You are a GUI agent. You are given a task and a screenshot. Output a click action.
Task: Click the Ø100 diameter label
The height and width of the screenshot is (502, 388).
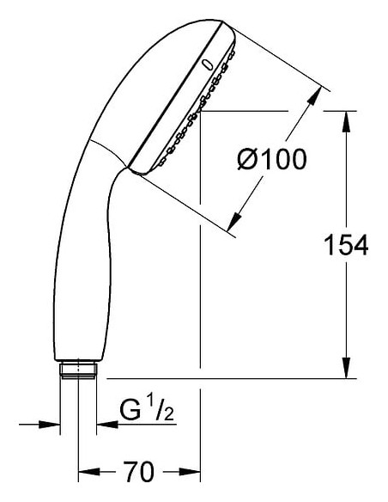[272, 159]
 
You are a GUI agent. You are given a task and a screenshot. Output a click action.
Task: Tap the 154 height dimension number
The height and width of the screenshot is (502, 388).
[346, 245]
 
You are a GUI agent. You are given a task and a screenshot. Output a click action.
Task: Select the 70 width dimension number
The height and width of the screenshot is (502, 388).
[139, 472]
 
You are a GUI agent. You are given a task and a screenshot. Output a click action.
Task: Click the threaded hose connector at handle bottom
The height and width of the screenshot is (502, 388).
[78, 370]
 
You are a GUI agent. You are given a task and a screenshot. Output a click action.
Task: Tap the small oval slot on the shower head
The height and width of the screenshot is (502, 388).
[209, 64]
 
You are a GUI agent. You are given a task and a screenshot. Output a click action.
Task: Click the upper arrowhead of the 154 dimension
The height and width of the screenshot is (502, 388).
[346, 121]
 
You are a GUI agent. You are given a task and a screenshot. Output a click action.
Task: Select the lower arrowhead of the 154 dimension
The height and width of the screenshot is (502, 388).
[346, 368]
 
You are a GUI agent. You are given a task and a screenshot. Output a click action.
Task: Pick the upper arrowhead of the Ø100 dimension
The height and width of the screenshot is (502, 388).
[314, 95]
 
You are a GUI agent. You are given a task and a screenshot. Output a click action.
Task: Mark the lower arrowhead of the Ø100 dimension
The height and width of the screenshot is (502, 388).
[234, 222]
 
